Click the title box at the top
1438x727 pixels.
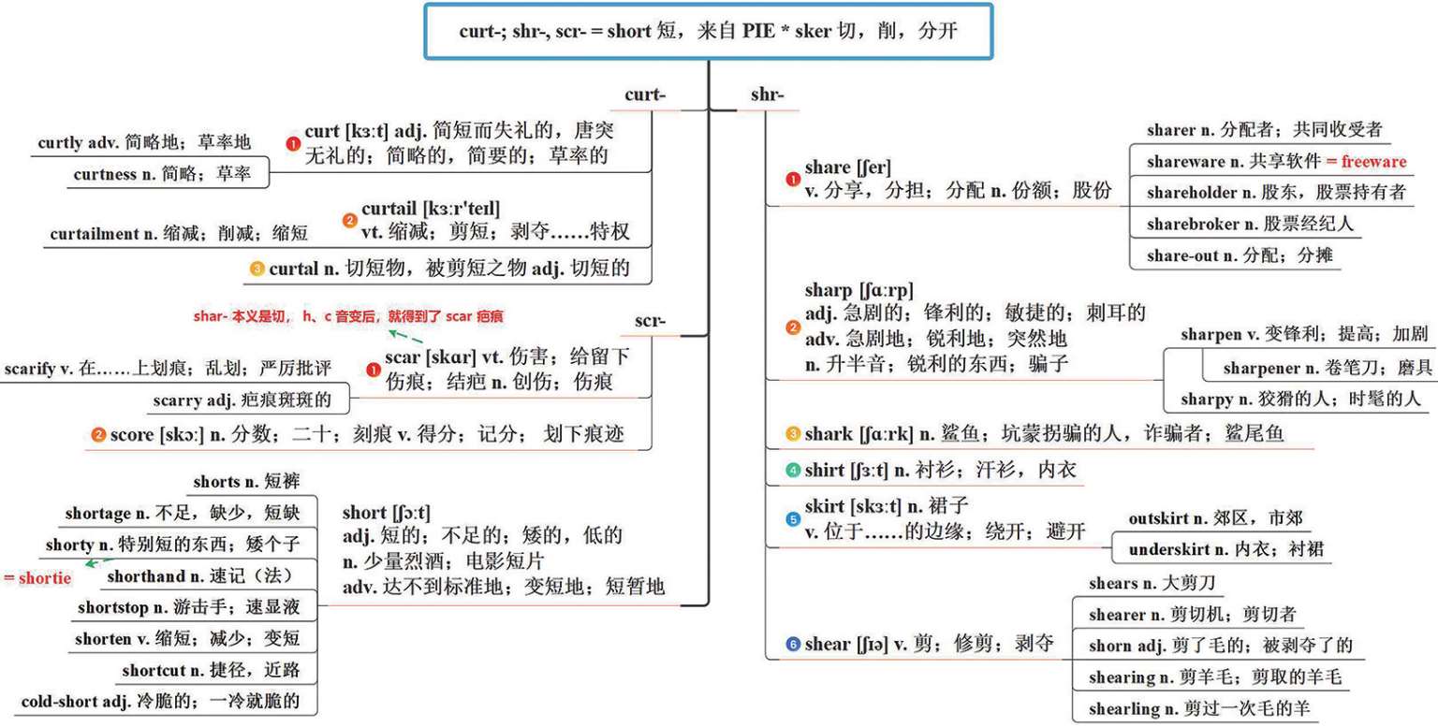click(x=709, y=31)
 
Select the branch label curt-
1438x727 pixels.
click(x=645, y=95)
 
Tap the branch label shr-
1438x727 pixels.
click(x=768, y=95)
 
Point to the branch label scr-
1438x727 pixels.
click(x=650, y=321)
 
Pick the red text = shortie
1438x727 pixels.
click(x=38, y=578)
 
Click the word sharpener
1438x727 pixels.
click(x=1260, y=368)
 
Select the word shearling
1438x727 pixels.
click(x=1123, y=708)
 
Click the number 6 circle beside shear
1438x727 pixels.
click(x=793, y=645)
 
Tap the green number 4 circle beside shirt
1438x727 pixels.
click(x=793, y=470)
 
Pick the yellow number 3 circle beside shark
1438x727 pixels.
click(x=793, y=434)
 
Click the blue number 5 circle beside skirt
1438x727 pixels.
click(x=793, y=518)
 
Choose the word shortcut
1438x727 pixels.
click(x=154, y=670)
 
